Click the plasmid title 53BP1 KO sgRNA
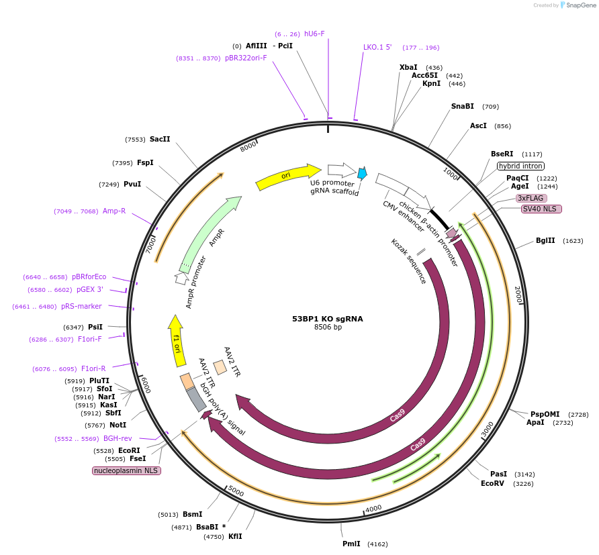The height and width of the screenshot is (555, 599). click(327, 319)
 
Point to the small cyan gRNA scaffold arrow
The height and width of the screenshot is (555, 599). click(362, 174)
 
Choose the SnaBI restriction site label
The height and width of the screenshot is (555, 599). click(462, 106)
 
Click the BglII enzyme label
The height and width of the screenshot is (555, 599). click(545, 240)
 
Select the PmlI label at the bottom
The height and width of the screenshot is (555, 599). click(351, 544)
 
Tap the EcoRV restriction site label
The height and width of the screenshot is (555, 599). click(492, 483)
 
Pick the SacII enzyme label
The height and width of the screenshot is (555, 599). click(160, 139)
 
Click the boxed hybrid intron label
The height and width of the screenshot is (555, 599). click(520, 166)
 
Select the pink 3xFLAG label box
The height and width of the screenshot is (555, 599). click(531, 198)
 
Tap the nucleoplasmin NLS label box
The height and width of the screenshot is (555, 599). click(126, 470)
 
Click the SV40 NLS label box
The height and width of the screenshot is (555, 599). click(541, 209)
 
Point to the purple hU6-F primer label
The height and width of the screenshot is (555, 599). click(314, 34)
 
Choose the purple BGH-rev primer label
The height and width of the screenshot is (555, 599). click(118, 438)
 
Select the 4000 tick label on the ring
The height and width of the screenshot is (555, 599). click(373, 508)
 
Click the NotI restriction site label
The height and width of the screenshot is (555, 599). click(118, 425)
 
